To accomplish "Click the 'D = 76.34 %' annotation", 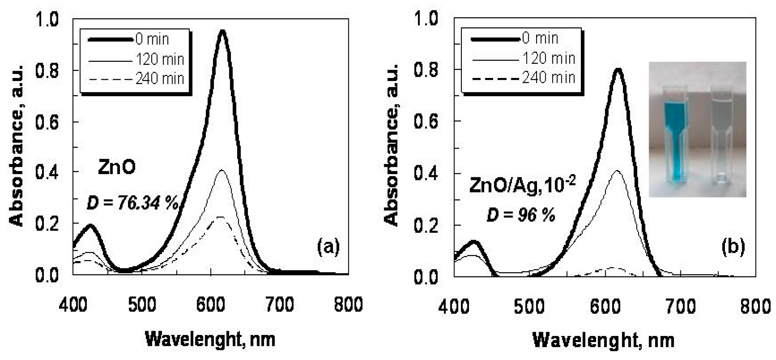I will click(133, 203).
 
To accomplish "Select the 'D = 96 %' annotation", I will click(521, 216).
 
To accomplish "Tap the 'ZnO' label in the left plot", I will click(117, 168).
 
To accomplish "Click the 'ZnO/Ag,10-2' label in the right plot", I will click(522, 185).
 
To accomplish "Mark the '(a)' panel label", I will click(328, 247).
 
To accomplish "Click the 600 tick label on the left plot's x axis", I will click(211, 305).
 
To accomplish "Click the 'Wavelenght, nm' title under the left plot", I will click(210, 339).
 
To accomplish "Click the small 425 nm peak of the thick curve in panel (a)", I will click(90, 226).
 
